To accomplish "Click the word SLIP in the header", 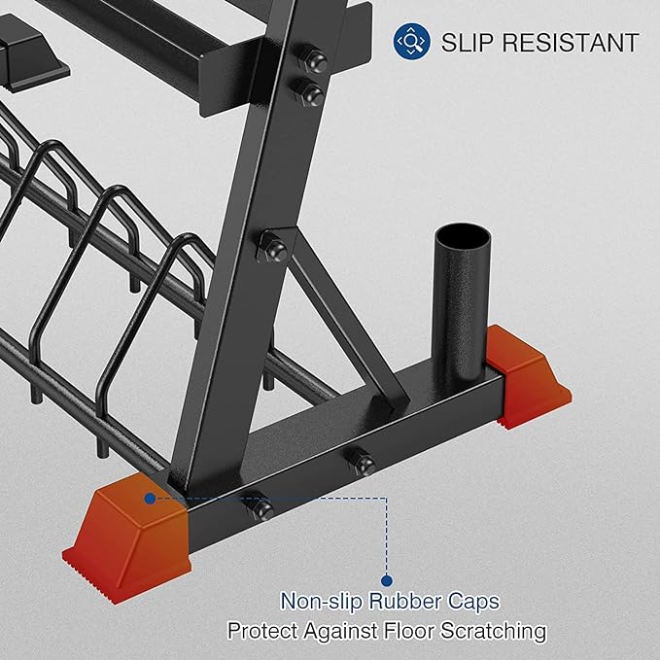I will pos(464,43).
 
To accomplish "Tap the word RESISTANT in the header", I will pos(564,43).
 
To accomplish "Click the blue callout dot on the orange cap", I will pos(150,498).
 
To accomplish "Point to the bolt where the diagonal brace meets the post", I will pos(275,250).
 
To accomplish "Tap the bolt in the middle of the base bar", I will pos(364,464).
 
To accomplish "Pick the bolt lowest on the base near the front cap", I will pos(262,508).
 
